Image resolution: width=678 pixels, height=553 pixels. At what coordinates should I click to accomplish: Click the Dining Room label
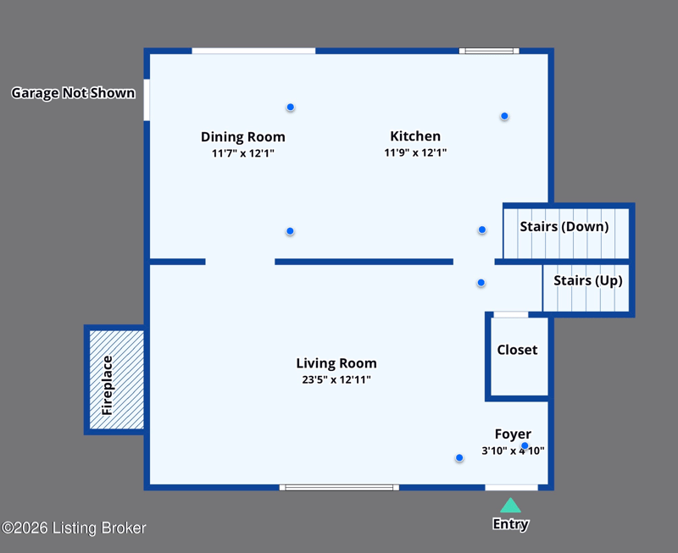point(243,137)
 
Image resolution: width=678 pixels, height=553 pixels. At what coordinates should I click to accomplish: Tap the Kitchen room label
point(415,136)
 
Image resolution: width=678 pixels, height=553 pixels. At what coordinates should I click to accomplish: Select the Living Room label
point(336,363)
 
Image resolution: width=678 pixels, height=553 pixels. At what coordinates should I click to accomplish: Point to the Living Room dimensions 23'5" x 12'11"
point(336,379)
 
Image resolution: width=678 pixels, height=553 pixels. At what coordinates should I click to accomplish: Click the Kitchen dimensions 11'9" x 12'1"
point(415,152)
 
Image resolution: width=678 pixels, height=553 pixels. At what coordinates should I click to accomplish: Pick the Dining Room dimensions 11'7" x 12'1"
point(243,153)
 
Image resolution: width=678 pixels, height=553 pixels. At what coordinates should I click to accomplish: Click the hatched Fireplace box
point(117,379)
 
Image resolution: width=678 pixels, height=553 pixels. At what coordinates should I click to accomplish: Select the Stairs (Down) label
point(564,227)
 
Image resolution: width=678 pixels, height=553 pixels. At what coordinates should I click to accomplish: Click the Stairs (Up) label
point(588,281)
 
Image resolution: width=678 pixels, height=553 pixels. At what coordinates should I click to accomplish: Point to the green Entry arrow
point(511,505)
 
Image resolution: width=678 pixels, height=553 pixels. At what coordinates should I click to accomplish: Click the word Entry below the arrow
point(511,524)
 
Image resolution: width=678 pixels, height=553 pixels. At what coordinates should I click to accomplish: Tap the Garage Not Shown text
point(73,93)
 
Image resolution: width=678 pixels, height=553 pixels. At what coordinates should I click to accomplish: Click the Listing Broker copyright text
point(74,528)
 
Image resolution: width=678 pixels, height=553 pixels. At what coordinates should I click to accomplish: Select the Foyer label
point(513,434)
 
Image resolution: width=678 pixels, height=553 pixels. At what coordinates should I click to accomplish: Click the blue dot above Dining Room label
point(291,108)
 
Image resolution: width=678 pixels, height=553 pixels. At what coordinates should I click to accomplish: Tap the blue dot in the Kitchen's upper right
point(504,116)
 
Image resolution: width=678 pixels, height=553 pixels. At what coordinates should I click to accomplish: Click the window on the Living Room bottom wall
point(340,488)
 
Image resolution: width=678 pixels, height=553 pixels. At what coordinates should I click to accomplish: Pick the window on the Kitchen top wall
point(489,51)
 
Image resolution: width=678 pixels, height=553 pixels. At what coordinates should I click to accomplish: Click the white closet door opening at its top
point(511,315)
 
